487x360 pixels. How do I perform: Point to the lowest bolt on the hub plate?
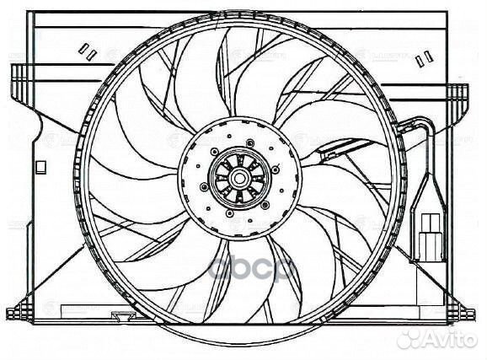226,219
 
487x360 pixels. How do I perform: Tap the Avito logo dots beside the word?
410,338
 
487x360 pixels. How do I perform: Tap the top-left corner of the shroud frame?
30,13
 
